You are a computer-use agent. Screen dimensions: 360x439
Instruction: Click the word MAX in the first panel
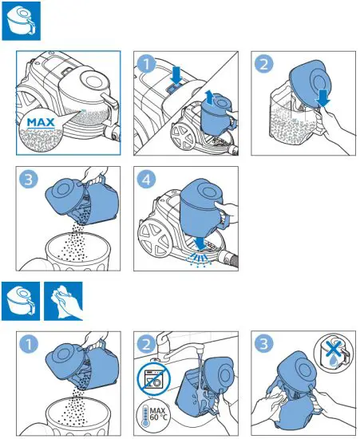[x=41, y=123]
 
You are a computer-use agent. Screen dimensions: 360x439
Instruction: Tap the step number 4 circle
[x=146, y=179]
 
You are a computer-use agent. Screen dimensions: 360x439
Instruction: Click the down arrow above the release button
[x=176, y=75]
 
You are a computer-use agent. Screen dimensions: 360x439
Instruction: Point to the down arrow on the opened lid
[x=323, y=98]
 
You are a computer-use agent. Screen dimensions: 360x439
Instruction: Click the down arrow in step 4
[x=201, y=243]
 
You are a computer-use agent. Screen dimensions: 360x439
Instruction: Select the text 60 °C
[x=158, y=417]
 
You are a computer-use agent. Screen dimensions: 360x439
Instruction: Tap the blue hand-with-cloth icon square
[x=63, y=301]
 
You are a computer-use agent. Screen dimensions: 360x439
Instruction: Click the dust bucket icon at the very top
[x=22, y=21]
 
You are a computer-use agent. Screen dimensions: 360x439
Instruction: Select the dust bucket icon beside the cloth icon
[x=21, y=301]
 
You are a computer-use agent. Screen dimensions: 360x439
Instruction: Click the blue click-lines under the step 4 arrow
[x=198, y=259]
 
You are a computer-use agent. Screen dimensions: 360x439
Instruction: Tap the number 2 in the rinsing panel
[x=146, y=344]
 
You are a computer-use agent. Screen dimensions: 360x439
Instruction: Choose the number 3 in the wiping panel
[x=263, y=343]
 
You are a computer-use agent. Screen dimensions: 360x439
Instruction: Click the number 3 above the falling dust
[x=29, y=179]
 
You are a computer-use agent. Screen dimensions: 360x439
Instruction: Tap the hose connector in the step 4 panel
[x=228, y=259]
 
